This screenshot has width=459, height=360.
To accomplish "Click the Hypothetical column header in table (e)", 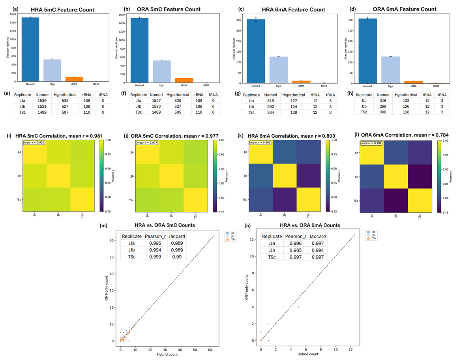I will (x=65, y=95).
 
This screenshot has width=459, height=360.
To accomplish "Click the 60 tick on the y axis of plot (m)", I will (x=112, y=240).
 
